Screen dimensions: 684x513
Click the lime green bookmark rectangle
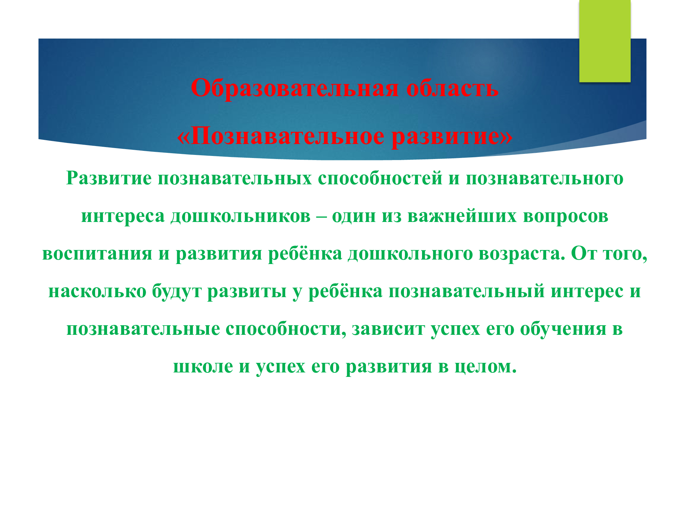click(605, 41)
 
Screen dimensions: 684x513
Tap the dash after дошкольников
click(321, 216)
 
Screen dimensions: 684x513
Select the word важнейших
click(462, 216)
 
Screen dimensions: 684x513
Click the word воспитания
click(97, 254)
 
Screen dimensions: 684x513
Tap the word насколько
click(97, 291)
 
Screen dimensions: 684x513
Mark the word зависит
click(388, 329)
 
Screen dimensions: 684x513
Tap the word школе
click(203, 367)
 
